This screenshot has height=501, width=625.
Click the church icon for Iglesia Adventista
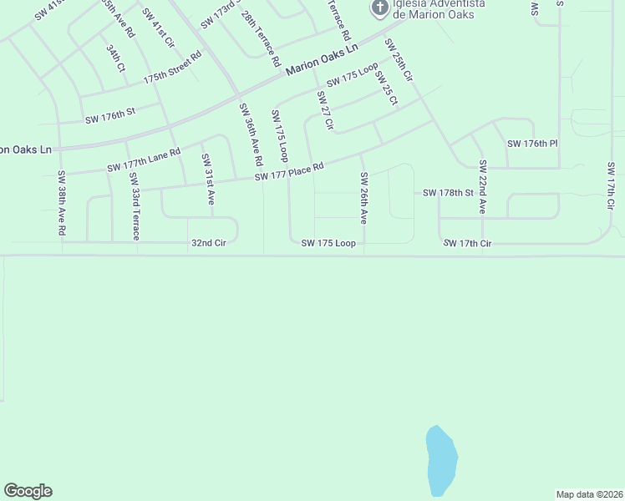[379, 9]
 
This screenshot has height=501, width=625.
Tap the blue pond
[441, 461]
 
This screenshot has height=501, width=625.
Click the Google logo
[28, 491]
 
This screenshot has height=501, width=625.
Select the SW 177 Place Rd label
[288, 171]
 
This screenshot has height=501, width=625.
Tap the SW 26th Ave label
[364, 198]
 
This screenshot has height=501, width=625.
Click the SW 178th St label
[448, 193]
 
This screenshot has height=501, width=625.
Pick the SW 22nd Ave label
[482, 188]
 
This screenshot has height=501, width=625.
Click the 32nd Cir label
[209, 243]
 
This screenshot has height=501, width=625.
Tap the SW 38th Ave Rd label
[61, 203]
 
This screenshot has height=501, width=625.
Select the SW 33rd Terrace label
[135, 208]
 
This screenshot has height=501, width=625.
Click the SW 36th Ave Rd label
[250, 134]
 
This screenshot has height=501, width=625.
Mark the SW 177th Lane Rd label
[144, 161]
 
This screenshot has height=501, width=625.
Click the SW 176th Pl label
[532, 144]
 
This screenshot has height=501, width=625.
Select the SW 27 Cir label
[325, 111]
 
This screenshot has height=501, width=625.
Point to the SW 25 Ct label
[386, 89]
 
